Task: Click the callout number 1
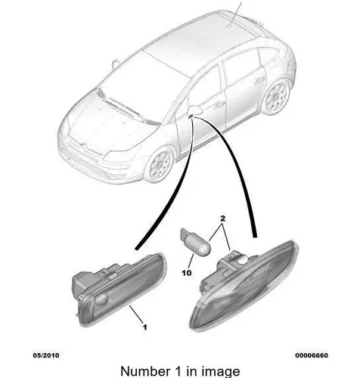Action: pos(144,327)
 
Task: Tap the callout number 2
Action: pos(222,218)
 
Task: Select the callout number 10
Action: pos(187,273)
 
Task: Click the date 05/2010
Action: pos(46,355)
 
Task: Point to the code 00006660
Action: pos(312,355)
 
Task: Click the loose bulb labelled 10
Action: pos(195,242)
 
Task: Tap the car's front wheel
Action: pos(160,165)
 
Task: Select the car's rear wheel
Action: pos(276,97)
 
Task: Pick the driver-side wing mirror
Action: pos(196,110)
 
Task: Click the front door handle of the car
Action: pos(219,104)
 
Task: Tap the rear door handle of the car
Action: pos(259,80)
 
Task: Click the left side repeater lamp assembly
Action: pos(119,289)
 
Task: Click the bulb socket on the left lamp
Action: pos(82,281)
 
